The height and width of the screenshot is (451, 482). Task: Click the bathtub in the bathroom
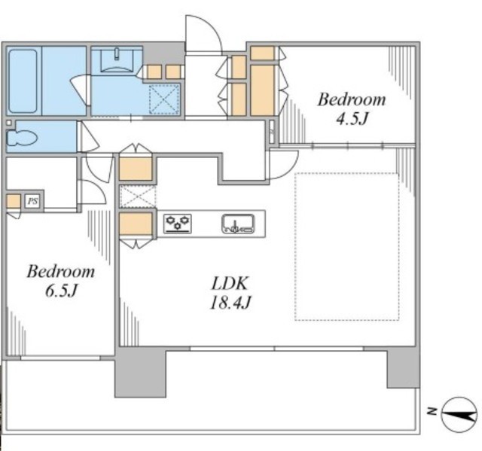pos(23,81)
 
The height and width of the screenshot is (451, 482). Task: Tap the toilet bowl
pos(22,138)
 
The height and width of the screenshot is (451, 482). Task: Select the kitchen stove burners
pos(178,224)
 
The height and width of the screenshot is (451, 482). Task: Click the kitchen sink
pos(238,224)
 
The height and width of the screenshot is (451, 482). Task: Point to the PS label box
pos(32,201)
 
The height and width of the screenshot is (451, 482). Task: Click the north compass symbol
pos(459,415)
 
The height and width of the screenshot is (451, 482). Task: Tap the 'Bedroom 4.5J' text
pos(352,108)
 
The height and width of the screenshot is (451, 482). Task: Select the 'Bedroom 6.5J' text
pos(61,281)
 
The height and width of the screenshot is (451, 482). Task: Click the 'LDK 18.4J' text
pos(230,293)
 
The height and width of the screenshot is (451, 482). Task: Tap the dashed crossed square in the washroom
pos(164,99)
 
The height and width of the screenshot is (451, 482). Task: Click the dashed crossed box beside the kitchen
pos(137,197)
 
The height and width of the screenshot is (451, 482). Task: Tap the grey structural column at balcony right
pos(403,367)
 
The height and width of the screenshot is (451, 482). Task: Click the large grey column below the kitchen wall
pos(140,373)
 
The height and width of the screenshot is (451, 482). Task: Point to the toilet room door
pos(89,137)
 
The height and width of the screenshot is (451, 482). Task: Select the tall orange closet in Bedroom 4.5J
pos(262,90)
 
